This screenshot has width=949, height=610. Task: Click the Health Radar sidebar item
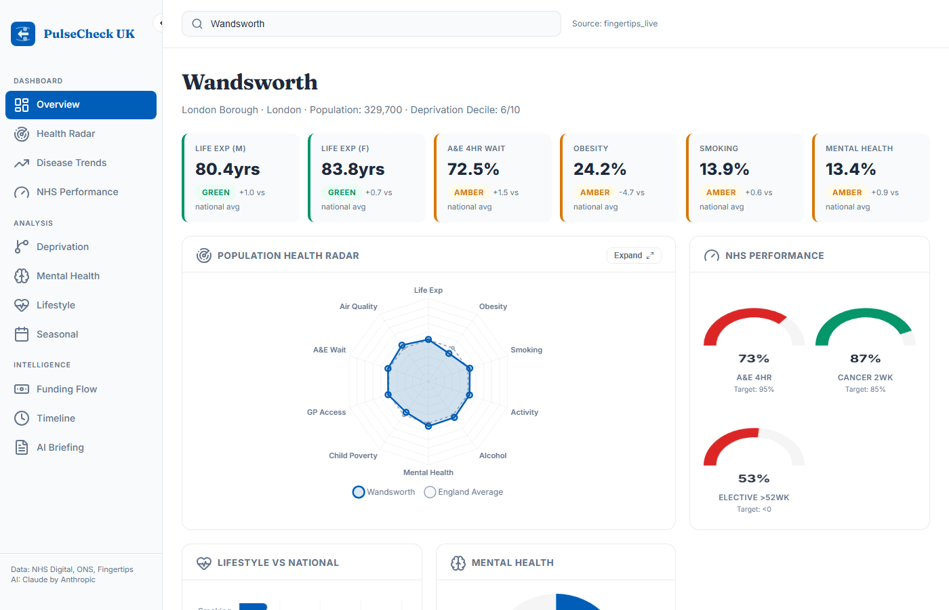(66, 134)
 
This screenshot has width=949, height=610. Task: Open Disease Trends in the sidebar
(71, 163)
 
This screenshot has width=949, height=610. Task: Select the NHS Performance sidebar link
(77, 192)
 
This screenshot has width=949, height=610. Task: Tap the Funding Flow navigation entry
(66, 389)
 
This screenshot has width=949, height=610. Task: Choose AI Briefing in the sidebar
(60, 447)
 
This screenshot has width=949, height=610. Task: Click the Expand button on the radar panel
(633, 256)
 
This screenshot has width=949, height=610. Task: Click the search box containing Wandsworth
(371, 24)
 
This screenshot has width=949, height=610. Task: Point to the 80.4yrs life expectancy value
(228, 169)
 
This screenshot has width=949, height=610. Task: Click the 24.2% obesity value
(600, 169)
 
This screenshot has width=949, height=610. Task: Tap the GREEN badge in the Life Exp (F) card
(342, 192)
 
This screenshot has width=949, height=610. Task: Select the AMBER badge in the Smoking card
(721, 192)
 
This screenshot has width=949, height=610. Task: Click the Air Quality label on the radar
(358, 306)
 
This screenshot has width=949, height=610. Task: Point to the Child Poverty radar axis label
(352, 455)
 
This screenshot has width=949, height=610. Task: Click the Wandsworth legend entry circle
(359, 492)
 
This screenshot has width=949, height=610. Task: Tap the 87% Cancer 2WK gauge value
(865, 359)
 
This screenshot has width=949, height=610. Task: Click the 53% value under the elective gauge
(754, 479)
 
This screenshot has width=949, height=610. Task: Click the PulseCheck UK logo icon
(23, 34)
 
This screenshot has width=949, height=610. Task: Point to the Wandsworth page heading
(249, 82)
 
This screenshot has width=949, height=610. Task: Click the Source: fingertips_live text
(614, 24)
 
